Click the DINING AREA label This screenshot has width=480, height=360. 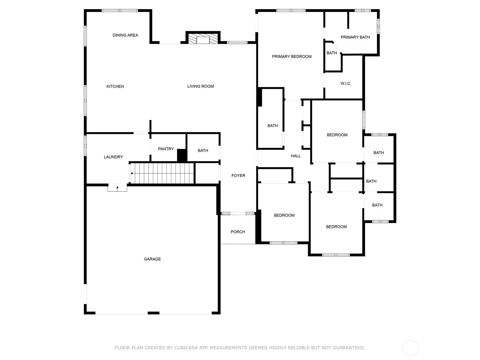tap(125, 35)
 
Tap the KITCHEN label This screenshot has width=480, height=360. tap(115, 86)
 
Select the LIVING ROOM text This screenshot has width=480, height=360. tap(200, 86)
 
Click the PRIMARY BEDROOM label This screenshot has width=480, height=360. tap(292, 57)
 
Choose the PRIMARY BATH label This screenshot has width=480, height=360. tap(355, 37)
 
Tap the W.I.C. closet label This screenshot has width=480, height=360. tap(346, 83)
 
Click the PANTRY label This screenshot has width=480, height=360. tap(166, 149)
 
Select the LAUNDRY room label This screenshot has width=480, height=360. tap(113, 157)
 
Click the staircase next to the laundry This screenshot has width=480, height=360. tap(162, 173)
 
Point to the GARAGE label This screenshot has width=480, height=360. tap(152, 259)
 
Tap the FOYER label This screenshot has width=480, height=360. tap(238, 175)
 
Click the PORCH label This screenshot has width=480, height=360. tap(238, 232)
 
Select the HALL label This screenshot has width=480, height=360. tap(296, 156)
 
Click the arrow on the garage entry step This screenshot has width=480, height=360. tap(117, 188)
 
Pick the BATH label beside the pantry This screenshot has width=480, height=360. tap(203, 151)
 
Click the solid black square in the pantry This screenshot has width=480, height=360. tap(182, 155)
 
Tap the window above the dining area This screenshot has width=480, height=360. tap(120, 10)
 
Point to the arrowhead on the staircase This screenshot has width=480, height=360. tap(132, 174)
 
